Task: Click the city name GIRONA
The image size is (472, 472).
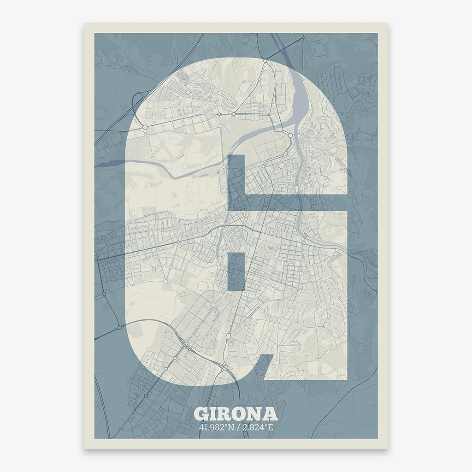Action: pyautogui.click(x=236, y=413)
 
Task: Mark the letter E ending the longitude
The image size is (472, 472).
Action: pyautogui.click(x=271, y=426)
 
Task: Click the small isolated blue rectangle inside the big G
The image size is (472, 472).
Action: pyautogui.click(x=236, y=272)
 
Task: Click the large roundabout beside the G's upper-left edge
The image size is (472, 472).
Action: pyautogui.click(x=145, y=126)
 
